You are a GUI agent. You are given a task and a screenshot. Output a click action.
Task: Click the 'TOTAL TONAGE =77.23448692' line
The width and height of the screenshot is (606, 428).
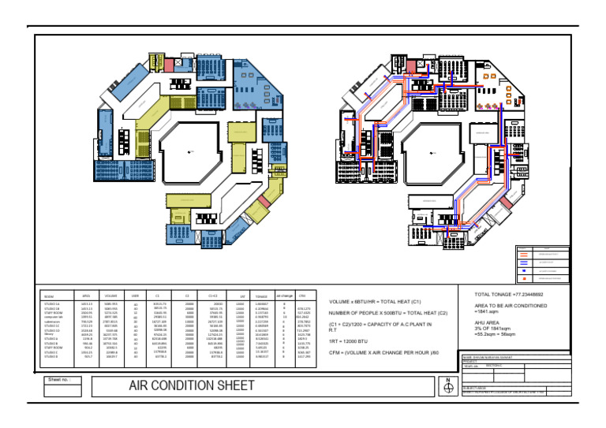511,293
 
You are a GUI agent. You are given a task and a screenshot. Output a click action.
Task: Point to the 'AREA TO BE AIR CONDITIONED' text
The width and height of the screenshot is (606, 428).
511,305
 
